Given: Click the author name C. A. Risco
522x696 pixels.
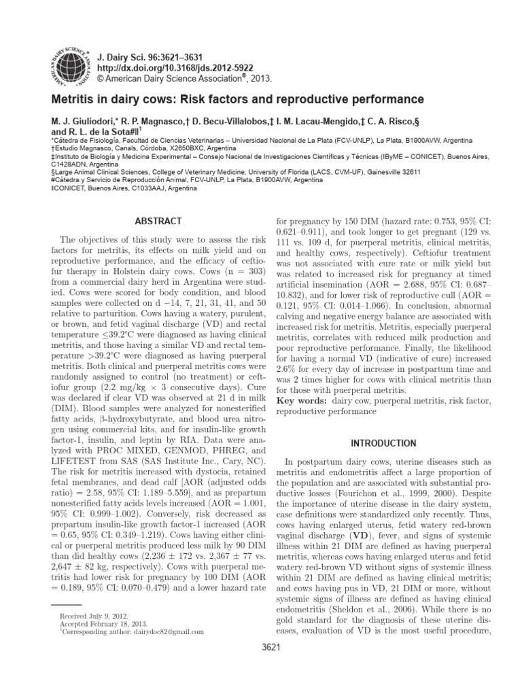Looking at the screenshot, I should click(x=442, y=120).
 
